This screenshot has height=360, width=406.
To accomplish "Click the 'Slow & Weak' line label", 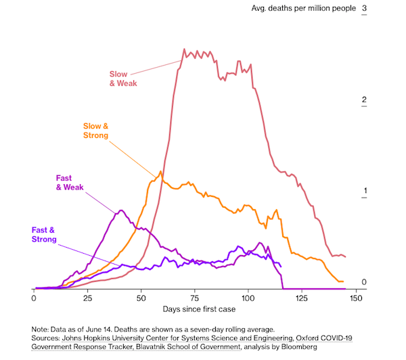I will (123, 78).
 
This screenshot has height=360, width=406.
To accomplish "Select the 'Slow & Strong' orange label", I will (95, 131).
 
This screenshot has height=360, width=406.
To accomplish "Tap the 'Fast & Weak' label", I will (70, 183).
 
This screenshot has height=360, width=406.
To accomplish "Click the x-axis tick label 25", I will (87, 298).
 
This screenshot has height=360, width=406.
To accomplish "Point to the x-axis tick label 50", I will (141, 298).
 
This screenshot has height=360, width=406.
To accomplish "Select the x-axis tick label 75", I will (195, 298).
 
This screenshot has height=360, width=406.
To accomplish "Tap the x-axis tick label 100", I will (248, 298).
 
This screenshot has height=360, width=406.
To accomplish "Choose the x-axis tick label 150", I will (356, 298).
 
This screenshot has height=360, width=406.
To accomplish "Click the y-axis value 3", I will (365, 9).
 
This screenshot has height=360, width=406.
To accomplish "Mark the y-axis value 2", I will (365, 100).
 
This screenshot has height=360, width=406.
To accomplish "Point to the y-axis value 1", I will (365, 191).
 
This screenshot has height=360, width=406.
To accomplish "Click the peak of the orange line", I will (160, 171).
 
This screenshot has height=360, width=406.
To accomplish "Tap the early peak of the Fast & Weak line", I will (120, 210).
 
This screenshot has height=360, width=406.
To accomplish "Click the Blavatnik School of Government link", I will (175, 346).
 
